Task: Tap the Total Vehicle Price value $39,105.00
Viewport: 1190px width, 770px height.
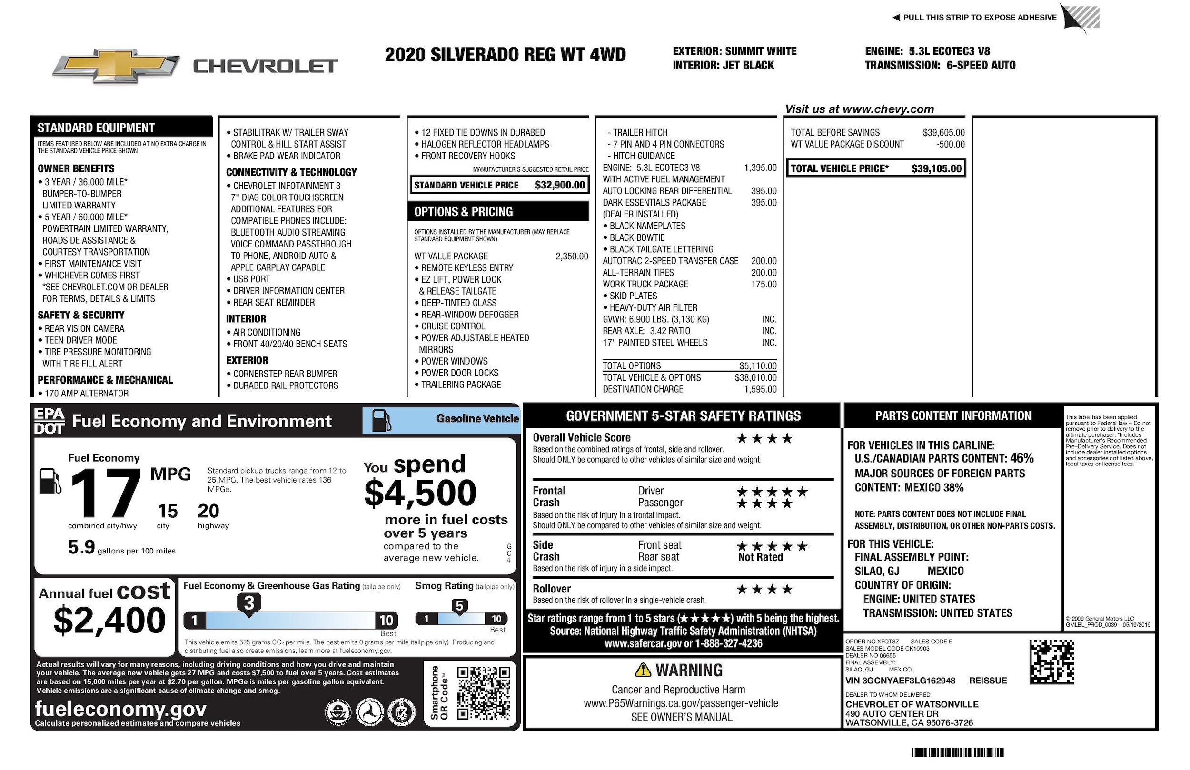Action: coord(936,168)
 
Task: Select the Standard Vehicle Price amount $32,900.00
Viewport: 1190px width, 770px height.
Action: coord(559,185)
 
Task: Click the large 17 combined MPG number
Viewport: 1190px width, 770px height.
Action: coord(106,494)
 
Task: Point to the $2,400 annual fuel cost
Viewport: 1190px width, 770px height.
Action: coord(109,620)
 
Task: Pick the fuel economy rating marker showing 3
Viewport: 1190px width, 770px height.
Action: coord(249,603)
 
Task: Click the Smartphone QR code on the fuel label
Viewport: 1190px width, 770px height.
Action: coord(484,693)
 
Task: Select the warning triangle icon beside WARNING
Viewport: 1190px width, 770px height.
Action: coord(643,670)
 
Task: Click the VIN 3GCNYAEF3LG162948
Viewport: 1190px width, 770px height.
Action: coord(900,681)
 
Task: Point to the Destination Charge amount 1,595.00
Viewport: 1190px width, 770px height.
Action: coord(761,389)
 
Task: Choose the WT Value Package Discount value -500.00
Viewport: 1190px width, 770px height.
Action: coord(950,145)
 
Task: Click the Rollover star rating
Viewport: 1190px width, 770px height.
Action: coord(764,590)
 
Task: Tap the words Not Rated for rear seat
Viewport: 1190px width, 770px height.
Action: coord(760,557)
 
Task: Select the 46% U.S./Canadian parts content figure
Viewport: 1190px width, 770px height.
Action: coord(1021,458)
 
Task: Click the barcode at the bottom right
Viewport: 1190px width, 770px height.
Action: coord(958,752)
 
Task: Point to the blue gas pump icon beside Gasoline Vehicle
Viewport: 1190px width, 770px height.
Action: coord(382,421)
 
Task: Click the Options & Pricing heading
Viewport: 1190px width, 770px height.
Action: coord(463,212)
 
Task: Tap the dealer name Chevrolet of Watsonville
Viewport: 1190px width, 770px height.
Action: coord(912,704)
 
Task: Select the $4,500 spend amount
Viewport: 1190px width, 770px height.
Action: coord(420,493)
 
